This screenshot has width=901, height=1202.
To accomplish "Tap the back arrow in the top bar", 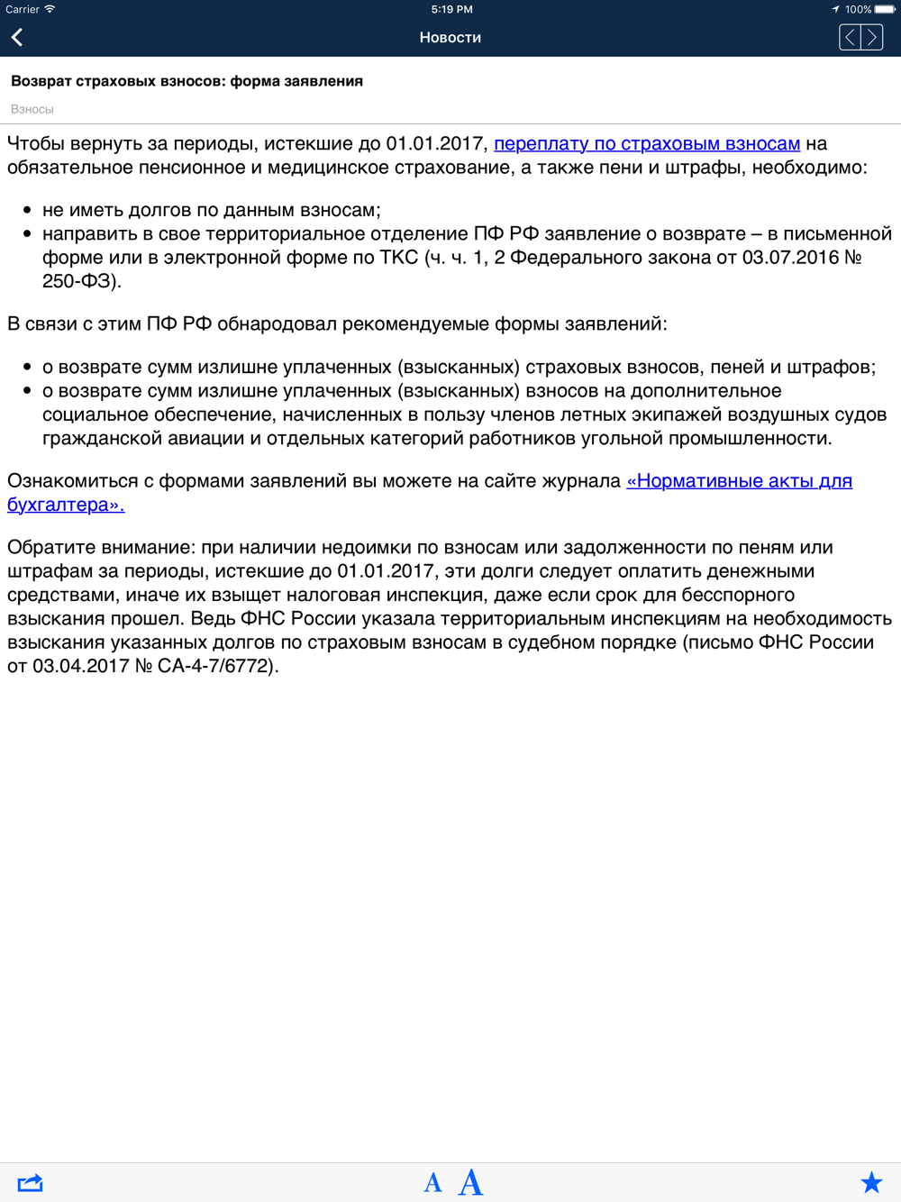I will (x=17, y=37).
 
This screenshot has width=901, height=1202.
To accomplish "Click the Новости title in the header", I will (x=450, y=37).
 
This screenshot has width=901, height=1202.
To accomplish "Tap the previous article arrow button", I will (x=850, y=37).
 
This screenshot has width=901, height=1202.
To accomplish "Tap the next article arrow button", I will (x=872, y=37).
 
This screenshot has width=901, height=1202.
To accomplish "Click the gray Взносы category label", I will (x=32, y=109).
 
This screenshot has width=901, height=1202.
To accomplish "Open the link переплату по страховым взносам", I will (x=647, y=143).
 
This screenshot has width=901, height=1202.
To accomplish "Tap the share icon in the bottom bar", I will (x=30, y=1182).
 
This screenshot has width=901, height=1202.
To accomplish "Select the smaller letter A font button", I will (x=432, y=1183).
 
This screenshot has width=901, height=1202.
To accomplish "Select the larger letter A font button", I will (x=470, y=1182).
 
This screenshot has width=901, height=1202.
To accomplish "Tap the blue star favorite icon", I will (x=871, y=1182).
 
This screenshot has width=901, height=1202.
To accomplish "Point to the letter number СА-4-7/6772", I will (x=214, y=666).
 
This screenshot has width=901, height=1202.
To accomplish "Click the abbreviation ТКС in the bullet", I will (x=399, y=258).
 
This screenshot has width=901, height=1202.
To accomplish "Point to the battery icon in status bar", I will (x=885, y=9).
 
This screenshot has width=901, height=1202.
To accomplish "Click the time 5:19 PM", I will (x=451, y=9).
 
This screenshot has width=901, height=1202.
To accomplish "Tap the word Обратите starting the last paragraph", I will (x=51, y=547).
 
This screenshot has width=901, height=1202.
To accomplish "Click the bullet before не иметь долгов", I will (x=27, y=210).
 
